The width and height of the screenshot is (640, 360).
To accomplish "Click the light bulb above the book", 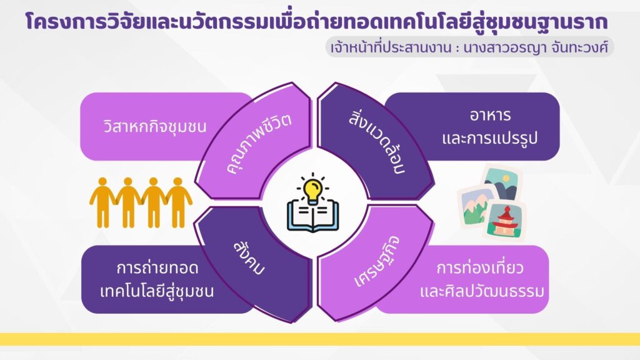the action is (313, 189).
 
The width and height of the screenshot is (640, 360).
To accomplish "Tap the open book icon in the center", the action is (312, 216).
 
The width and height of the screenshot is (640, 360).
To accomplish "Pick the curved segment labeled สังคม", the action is (253, 263).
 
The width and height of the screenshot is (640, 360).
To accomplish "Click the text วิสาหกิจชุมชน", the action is (155, 126).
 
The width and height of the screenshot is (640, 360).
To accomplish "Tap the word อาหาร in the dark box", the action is (490, 116).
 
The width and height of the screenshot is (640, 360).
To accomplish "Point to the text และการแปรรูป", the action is (490, 138).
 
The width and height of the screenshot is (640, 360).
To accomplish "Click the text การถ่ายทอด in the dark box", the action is (157, 268).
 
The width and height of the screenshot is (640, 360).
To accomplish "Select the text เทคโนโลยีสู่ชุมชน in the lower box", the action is (157, 291).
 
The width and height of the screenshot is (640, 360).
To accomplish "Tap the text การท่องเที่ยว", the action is (480, 268).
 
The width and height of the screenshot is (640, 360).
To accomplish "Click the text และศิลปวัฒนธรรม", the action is (482, 291).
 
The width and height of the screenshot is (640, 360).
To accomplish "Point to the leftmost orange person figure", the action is (102, 202).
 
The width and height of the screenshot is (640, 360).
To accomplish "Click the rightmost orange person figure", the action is (178, 202).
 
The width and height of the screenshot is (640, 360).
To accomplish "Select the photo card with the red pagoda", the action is (504, 221).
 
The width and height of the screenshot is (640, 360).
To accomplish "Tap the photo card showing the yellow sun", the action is (501, 182).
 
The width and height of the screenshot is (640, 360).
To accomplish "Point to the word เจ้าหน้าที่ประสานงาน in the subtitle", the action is (391, 47).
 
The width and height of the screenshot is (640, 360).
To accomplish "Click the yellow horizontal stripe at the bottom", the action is (320, 339).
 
